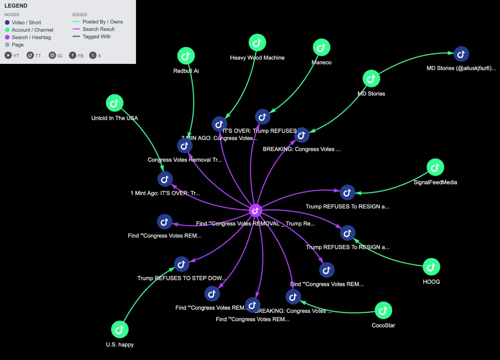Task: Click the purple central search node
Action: coord(255,211)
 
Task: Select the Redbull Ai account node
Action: coord(186,56)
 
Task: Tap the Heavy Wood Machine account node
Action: coord(257,43)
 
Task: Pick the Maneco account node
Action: coord(321,48)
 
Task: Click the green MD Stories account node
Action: coord(371,79)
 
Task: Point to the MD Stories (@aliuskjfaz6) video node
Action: coord(461,54)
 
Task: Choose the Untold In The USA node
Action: coord(115,103)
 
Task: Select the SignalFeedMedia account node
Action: coord(435,167)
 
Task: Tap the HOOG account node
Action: coord(431,267)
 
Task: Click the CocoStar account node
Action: coord(383,311)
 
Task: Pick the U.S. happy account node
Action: coord(120,329)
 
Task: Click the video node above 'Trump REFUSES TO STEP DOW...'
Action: coord(182,264)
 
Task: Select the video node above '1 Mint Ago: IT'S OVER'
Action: coord(165,179)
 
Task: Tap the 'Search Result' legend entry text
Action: coord(99,29)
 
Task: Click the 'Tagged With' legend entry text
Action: coord(96,36)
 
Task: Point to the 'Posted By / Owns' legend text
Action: coord(103,22)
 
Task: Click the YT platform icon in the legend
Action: coord(8,55)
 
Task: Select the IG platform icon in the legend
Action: coord(52,55)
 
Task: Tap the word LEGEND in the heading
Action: coord(16,6)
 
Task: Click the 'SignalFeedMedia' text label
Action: coord(435,182)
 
